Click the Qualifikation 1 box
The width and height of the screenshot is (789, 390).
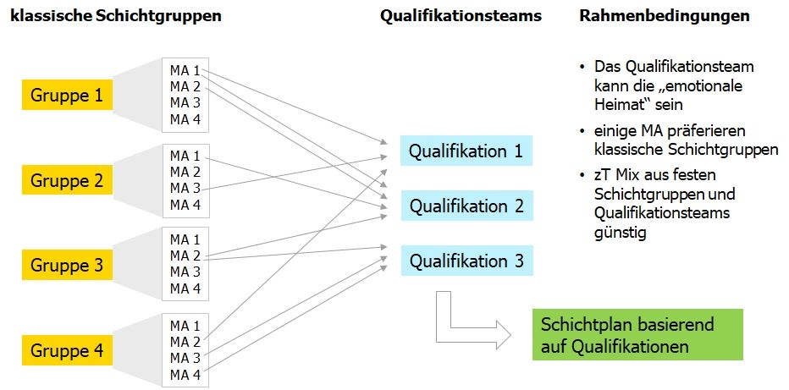click(x=466, y=151)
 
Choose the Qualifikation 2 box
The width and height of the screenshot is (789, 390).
click(x=466, y=206)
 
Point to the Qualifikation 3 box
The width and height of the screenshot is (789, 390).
click(x=466, y=261)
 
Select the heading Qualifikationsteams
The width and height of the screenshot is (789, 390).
click(x=461, y=16)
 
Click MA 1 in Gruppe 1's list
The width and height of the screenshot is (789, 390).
click(x=185, y=70)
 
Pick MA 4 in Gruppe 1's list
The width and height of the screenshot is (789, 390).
click(x=185, y=118)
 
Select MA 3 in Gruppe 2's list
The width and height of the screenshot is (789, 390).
click(x=185, y=188)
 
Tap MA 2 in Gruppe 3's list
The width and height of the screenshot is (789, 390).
click(x=185, y=255)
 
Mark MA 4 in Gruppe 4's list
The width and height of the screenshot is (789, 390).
click(x=185, y=374)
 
